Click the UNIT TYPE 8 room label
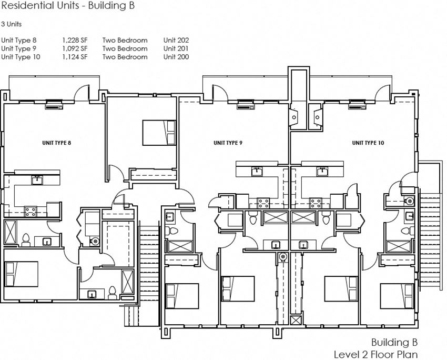56,143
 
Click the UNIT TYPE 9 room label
227,143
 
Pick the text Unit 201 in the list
176,48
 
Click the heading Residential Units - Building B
68,7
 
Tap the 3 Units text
12,24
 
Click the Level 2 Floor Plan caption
375,354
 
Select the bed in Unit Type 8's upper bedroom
159,133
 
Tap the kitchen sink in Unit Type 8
37,181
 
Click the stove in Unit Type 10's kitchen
316,202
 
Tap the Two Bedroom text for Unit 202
125,40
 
